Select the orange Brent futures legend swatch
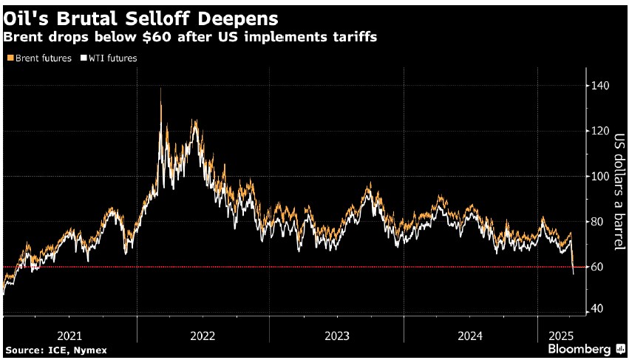tap(7, 58)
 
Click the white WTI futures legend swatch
tap(84, 58)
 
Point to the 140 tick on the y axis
tap(599, 86)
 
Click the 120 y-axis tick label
tap(599, 131)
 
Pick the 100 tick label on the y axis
tap(599, 176)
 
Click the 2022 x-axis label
tap(203, 336)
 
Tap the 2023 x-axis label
tap(337, 336)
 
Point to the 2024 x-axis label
tap(471, 336)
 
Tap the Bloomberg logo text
tap(579, 348)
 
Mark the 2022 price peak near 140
tap(160, 89)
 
